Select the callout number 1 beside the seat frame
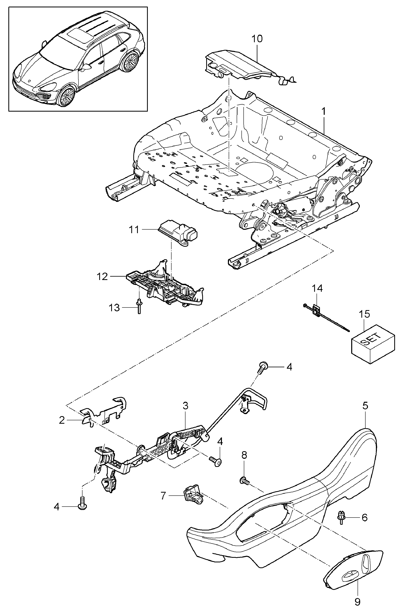(x=324, y=112)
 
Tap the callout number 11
(x=134, y=229)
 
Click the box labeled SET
(x=373, y=344)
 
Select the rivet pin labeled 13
(x=139, y=306)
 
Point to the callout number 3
(x=186, y=406)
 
